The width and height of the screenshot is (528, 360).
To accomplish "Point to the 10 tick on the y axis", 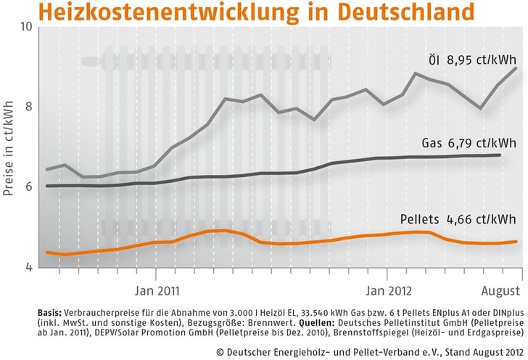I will [27, 27].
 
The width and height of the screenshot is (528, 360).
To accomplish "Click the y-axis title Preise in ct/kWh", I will [9, 145].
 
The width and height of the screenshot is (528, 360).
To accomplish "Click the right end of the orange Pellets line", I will [516, 241].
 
